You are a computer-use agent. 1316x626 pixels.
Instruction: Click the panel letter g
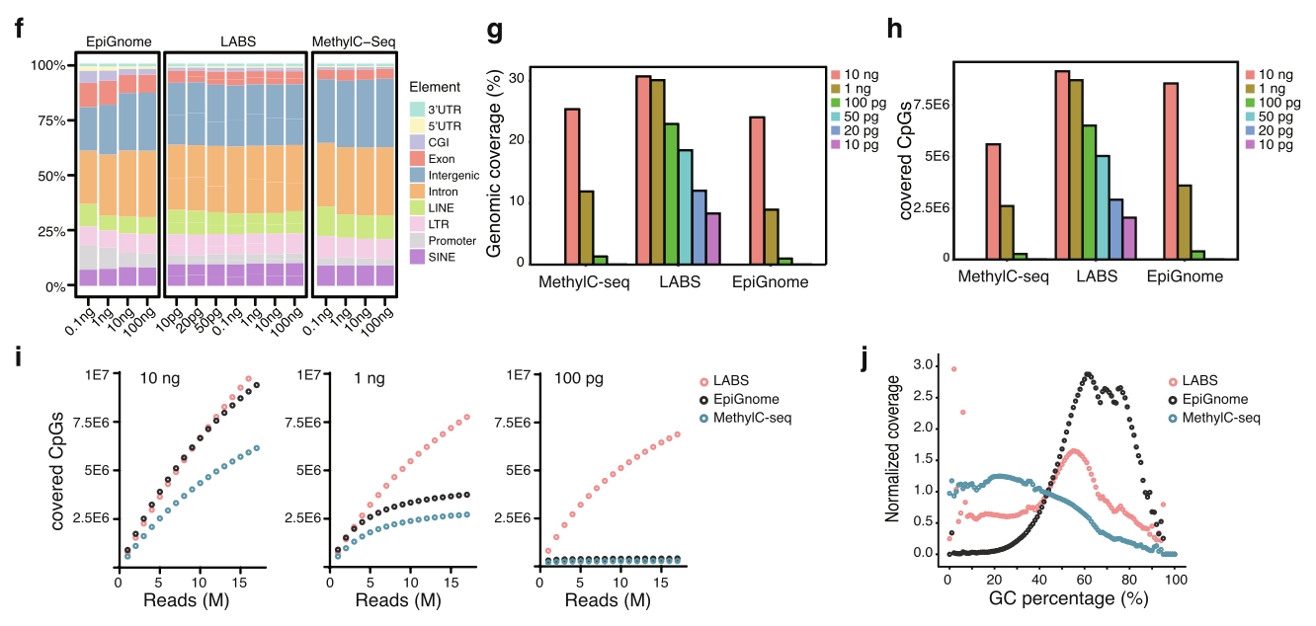(496, 30)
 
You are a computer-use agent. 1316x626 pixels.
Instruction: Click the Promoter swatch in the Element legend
(416, 241)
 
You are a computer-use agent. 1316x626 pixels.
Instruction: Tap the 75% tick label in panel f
(50, 120)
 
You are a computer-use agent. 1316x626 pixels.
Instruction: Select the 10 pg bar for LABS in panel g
(713, 239)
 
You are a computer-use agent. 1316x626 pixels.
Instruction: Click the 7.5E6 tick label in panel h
(930, 104)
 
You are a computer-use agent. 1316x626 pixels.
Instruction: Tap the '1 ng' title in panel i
(369, 378)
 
